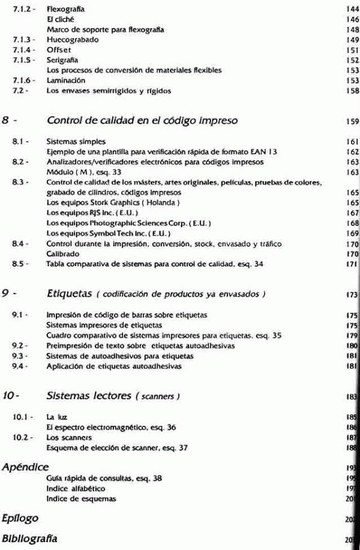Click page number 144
[352, 10]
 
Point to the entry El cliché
[59, 20]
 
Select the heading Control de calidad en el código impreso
[142, 121]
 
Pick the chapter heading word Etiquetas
[71, 293]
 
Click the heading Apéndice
[25, 467]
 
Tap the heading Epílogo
[21, 517]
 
